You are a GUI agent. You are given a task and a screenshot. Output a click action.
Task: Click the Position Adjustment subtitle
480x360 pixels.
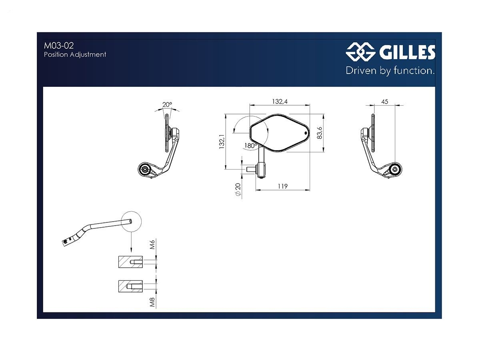(75, 54)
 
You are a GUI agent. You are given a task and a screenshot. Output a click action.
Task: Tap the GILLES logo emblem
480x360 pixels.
(359, 52)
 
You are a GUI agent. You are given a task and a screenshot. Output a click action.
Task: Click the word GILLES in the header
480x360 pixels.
(405, 52)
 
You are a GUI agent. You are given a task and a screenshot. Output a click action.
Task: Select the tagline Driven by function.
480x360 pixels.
(390, 71)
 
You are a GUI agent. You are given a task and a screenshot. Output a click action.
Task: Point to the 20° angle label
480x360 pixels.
(167, 105)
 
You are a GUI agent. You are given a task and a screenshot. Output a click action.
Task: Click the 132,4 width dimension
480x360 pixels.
(280, 102)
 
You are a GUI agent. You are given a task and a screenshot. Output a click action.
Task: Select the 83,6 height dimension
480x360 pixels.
(319, 132)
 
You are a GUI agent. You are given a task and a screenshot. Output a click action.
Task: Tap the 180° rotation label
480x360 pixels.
(250, 146)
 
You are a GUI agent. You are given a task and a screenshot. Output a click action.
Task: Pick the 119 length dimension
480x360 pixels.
(282, 186)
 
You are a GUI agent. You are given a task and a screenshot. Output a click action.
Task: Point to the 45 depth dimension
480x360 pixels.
(384, 102)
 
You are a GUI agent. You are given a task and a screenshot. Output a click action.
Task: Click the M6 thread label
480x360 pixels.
(152, 245)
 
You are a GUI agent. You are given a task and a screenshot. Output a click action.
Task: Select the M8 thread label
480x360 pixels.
(152, 302)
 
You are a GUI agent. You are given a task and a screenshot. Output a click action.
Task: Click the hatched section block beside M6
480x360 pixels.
(130, 262)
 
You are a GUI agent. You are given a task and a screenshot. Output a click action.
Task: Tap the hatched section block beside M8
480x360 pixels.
(130, 286)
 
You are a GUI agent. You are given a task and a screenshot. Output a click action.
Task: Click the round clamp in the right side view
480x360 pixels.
(395, 169)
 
